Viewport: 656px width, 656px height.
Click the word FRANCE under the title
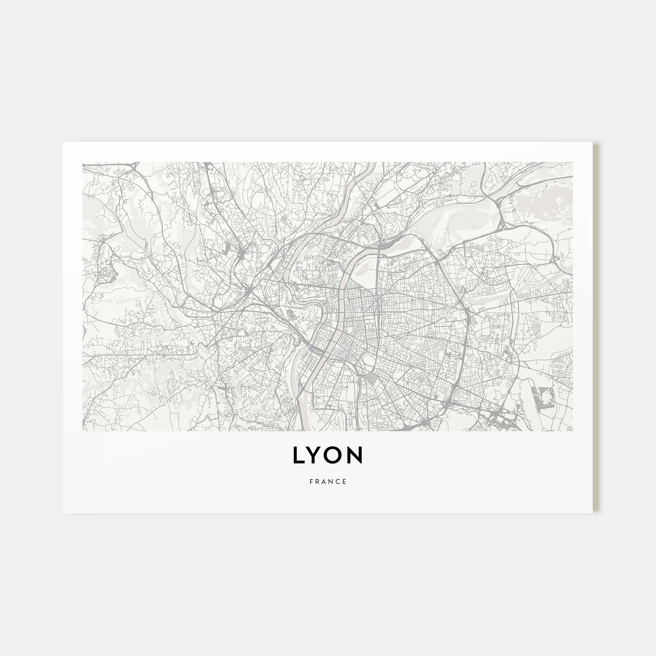(x=328, y=481)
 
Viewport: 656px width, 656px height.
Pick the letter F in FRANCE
(x=311, y=481)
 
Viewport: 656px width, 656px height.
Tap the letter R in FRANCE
(x=317, y=481)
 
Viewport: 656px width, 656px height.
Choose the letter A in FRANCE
(x=324, y=481)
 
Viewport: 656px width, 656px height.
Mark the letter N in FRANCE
(x=331, y=481)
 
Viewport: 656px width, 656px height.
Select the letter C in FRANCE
(x=338, y=481)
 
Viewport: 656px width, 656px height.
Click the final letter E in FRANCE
(x=345, y=481)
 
